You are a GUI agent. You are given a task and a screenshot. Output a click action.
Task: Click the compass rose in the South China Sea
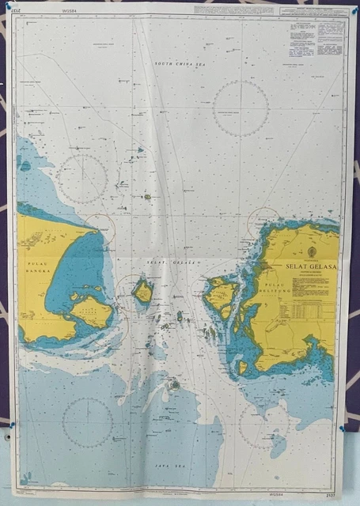241,108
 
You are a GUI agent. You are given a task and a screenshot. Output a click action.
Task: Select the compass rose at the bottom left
87,422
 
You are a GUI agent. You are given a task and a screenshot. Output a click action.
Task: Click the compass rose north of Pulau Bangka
81,179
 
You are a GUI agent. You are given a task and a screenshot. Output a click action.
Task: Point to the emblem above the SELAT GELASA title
309,251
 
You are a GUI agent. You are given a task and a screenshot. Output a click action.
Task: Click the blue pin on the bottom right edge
342,428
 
